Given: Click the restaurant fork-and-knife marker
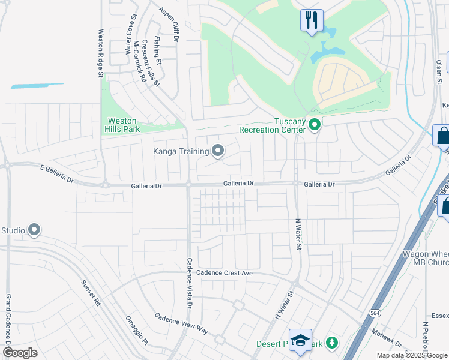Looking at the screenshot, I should (x=312, y=20).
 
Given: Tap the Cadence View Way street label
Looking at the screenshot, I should (x=181, y=323).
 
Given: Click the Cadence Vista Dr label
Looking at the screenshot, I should (x=189, y=283).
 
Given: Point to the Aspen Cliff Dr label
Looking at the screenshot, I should (x=169, y=24).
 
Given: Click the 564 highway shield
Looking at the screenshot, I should (x=375, y=313).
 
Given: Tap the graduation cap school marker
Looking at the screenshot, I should (x=300, y=340).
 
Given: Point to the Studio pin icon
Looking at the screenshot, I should (x=34, y=230).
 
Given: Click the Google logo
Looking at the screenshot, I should (x=20, y=352).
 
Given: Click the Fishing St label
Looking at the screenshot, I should (x=157, y=52).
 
